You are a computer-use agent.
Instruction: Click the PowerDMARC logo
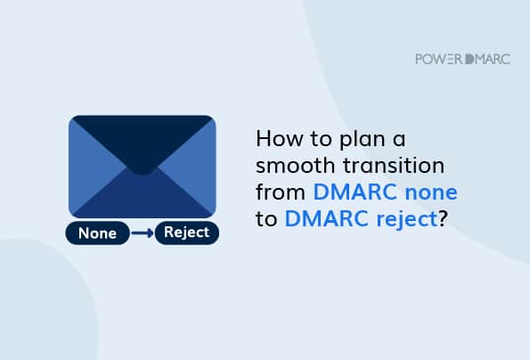coord(462,59)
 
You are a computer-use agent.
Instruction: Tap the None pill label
coord(97,233)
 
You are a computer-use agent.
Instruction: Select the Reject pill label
coord(186,233)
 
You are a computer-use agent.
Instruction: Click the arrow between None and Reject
coord(143,233)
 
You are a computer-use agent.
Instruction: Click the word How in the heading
coord(279,139)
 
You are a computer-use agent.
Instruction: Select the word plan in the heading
coord(362,140)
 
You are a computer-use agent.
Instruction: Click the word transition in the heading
coord(394,165)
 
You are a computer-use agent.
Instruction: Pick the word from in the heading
coord(281,192)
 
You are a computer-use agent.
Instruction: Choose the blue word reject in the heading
coord(407,220)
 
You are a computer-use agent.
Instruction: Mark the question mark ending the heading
coord(443,218)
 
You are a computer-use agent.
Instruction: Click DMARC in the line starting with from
coord(355,192)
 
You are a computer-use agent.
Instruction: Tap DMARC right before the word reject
coord(327,218)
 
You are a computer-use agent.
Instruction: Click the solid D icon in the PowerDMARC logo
coord(469,59)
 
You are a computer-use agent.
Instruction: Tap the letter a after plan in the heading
coord(399,140)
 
